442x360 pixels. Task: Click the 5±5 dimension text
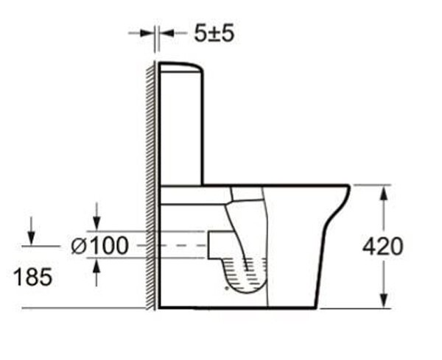pyautogui.click(x=214, y=33)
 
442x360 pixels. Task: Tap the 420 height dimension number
pyautogui.click(x=382, y=247)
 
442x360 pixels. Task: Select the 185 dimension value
pyautogui.click(x=32, y=277)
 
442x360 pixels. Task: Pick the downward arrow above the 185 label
pyautogui.click(x=31, y=237)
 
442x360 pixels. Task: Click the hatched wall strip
pyautogui.click(x=150, y=184)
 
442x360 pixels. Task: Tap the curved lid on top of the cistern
pyautogui.click(x=181, y=67)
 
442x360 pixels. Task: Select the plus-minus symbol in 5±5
pyautogui.click(x=214, y=33)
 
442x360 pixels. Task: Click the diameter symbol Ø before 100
pyautogui.click(x=79, y=246)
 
